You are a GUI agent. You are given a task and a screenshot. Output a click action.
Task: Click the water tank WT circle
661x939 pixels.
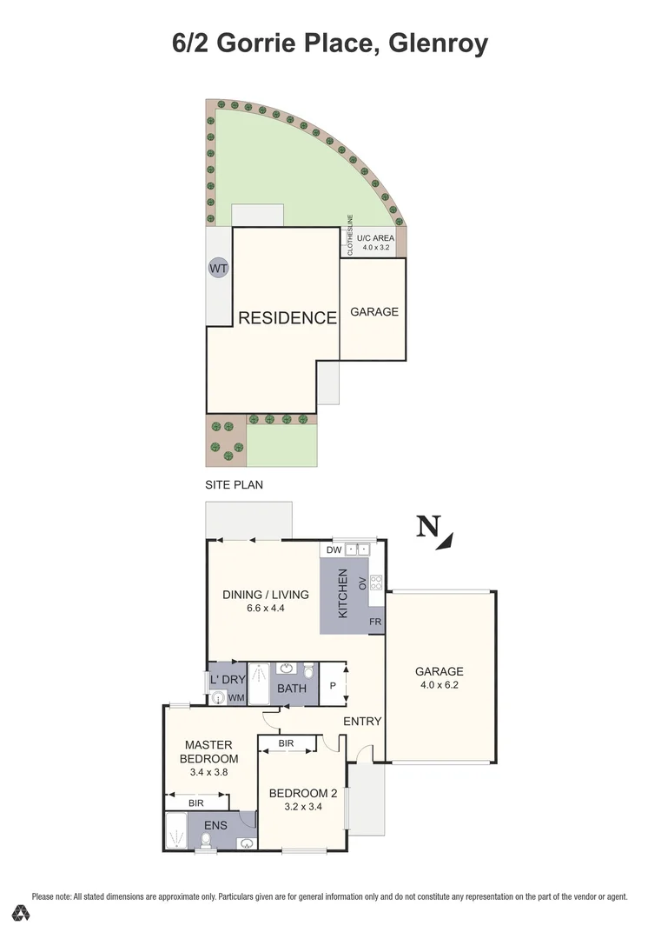[218, 269]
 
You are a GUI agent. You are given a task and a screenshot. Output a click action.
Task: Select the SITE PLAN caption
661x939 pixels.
[234, 484]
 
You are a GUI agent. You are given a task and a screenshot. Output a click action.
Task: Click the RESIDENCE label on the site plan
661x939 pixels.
[287, 318]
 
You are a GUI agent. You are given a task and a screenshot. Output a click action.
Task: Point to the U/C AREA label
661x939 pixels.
[375, 236]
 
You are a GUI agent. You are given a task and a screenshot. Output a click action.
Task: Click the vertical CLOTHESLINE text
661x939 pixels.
[350, 235]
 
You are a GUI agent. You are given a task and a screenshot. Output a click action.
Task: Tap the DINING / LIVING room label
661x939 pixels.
[266, 595]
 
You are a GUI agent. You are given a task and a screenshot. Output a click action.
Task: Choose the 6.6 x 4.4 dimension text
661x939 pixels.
[266, 609]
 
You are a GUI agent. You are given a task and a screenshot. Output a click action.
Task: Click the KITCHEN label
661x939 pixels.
[342, 594]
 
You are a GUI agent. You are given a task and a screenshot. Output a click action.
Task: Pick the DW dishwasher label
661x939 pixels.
[334, 549]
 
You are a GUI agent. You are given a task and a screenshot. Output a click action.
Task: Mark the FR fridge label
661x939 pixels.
[375, 622]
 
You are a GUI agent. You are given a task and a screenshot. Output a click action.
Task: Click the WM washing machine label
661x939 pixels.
[236, 697]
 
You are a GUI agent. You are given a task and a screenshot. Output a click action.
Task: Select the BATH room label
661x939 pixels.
[292, 689]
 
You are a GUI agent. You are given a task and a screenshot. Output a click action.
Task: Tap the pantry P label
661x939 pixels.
[333, 685]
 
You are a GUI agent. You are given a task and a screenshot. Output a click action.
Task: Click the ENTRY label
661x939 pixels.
[362, 722]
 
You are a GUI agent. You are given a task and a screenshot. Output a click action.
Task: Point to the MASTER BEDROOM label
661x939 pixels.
[208, 751]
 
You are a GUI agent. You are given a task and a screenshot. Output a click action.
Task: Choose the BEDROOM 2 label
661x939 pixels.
[302, 793]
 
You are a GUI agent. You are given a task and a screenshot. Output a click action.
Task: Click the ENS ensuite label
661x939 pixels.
[215, 825]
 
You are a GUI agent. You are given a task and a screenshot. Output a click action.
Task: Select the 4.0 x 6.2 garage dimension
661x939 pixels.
[439, 686]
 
